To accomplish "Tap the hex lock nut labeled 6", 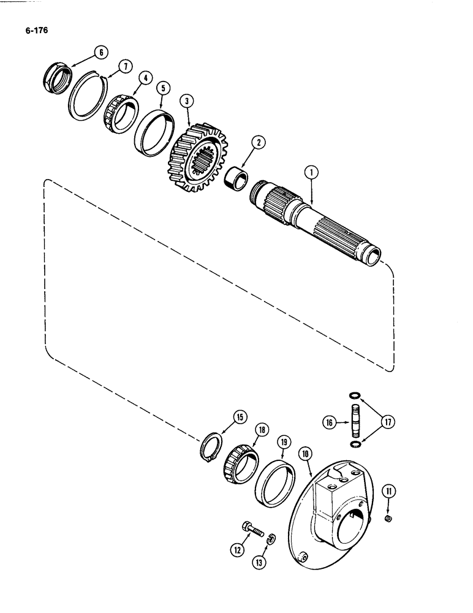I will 56,78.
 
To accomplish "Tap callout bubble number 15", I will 240,418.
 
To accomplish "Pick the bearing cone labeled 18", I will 239,468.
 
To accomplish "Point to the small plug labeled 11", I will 387,520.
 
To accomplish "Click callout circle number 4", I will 146,78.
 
